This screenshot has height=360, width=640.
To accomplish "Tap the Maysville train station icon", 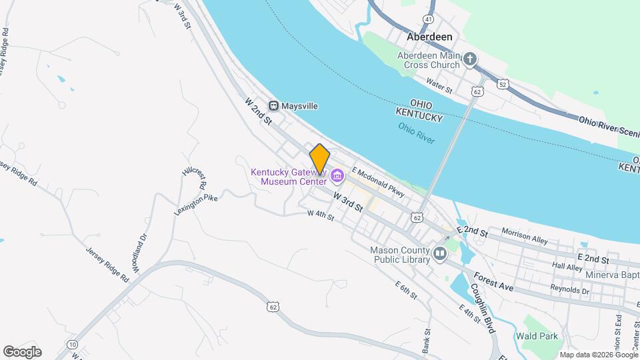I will tap(273, 106).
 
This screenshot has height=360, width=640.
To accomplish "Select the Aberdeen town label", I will tap(430, 37).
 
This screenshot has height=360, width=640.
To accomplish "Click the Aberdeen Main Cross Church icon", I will tap(470, 60).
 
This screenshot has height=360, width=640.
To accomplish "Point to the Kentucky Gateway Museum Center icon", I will tap(337, 177).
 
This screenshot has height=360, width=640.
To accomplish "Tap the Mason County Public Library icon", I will tap(440, 253).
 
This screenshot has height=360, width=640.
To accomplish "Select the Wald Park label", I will tap(540, 336).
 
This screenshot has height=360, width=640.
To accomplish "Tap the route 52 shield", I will tap(501, 83).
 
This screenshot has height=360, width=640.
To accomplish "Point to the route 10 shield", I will tap(72, 344).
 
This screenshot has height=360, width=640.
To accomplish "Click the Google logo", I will tap(22, 352).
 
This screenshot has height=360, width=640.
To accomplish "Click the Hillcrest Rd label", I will tap(195, 176).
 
